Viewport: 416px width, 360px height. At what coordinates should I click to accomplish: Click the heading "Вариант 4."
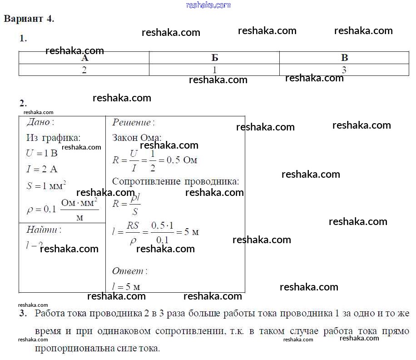[x=29, y=19]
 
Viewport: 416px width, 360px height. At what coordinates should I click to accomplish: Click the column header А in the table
[x=84, y=58]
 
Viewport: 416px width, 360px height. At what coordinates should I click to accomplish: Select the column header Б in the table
[x=214, y=58]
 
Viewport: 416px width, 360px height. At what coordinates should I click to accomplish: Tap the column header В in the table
[x=344, y=58]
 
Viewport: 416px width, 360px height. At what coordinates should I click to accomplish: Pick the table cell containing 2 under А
[x=84, y=70]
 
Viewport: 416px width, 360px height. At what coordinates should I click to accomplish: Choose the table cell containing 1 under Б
[x=214, y=70]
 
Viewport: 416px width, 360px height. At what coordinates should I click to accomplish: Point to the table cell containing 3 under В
[x=344, y=70]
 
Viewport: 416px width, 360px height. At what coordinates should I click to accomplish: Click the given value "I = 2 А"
[x=42, y=170]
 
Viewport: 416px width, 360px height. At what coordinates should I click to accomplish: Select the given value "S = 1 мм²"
[x=46, y=185]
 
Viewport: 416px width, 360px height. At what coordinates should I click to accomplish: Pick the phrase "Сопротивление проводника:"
[x=175, y=181]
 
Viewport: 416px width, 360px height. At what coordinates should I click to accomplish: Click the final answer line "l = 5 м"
[x=126, y=287]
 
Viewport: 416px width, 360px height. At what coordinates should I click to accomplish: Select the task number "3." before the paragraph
[x=23, y=314]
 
